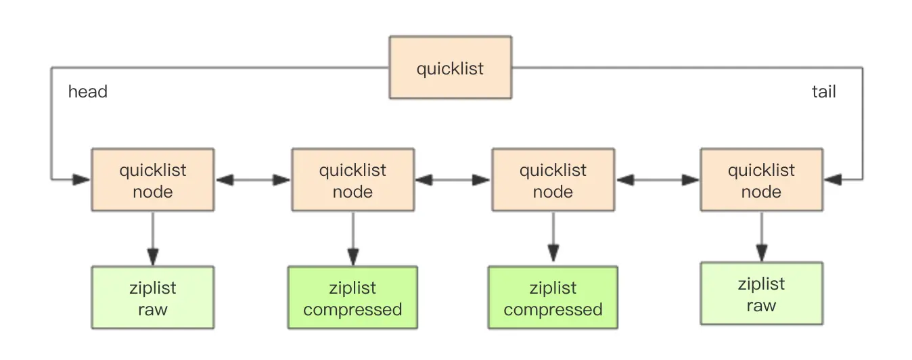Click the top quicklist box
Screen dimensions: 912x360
click(x=451, y=67)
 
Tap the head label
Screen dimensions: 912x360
click(x=87, y=91)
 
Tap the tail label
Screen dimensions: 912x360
click(x=823, y=91)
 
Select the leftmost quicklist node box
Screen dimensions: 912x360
click(x=153, y=179)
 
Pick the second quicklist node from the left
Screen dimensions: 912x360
click(x=353, y=179)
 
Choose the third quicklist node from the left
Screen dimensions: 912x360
click(x=553, y=179)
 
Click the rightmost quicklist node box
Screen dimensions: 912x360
click(x=762, y=179)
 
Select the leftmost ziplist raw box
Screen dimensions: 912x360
click(x=153, y=297)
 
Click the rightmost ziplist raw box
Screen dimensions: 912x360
click(x=762, y=293)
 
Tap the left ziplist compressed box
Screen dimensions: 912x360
click(x=352, y=297)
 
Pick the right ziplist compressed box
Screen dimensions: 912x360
click(x=553, y=297)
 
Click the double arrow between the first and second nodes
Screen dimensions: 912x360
click(x=253, y=179)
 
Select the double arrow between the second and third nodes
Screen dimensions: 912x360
click(x=453, y=179)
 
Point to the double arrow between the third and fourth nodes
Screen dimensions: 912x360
click(x=658, y=179)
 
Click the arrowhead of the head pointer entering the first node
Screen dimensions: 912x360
click(x=81, y=179)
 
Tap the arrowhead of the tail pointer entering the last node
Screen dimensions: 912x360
click(x=834, y=179)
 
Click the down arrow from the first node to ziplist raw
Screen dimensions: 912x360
click(x=153, y=239)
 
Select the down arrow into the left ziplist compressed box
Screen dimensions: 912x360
click(x=353, y=239)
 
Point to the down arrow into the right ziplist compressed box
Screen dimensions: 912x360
click(x=553, y=237)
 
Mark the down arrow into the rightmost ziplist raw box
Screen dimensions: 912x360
click(x=762, y=237)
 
